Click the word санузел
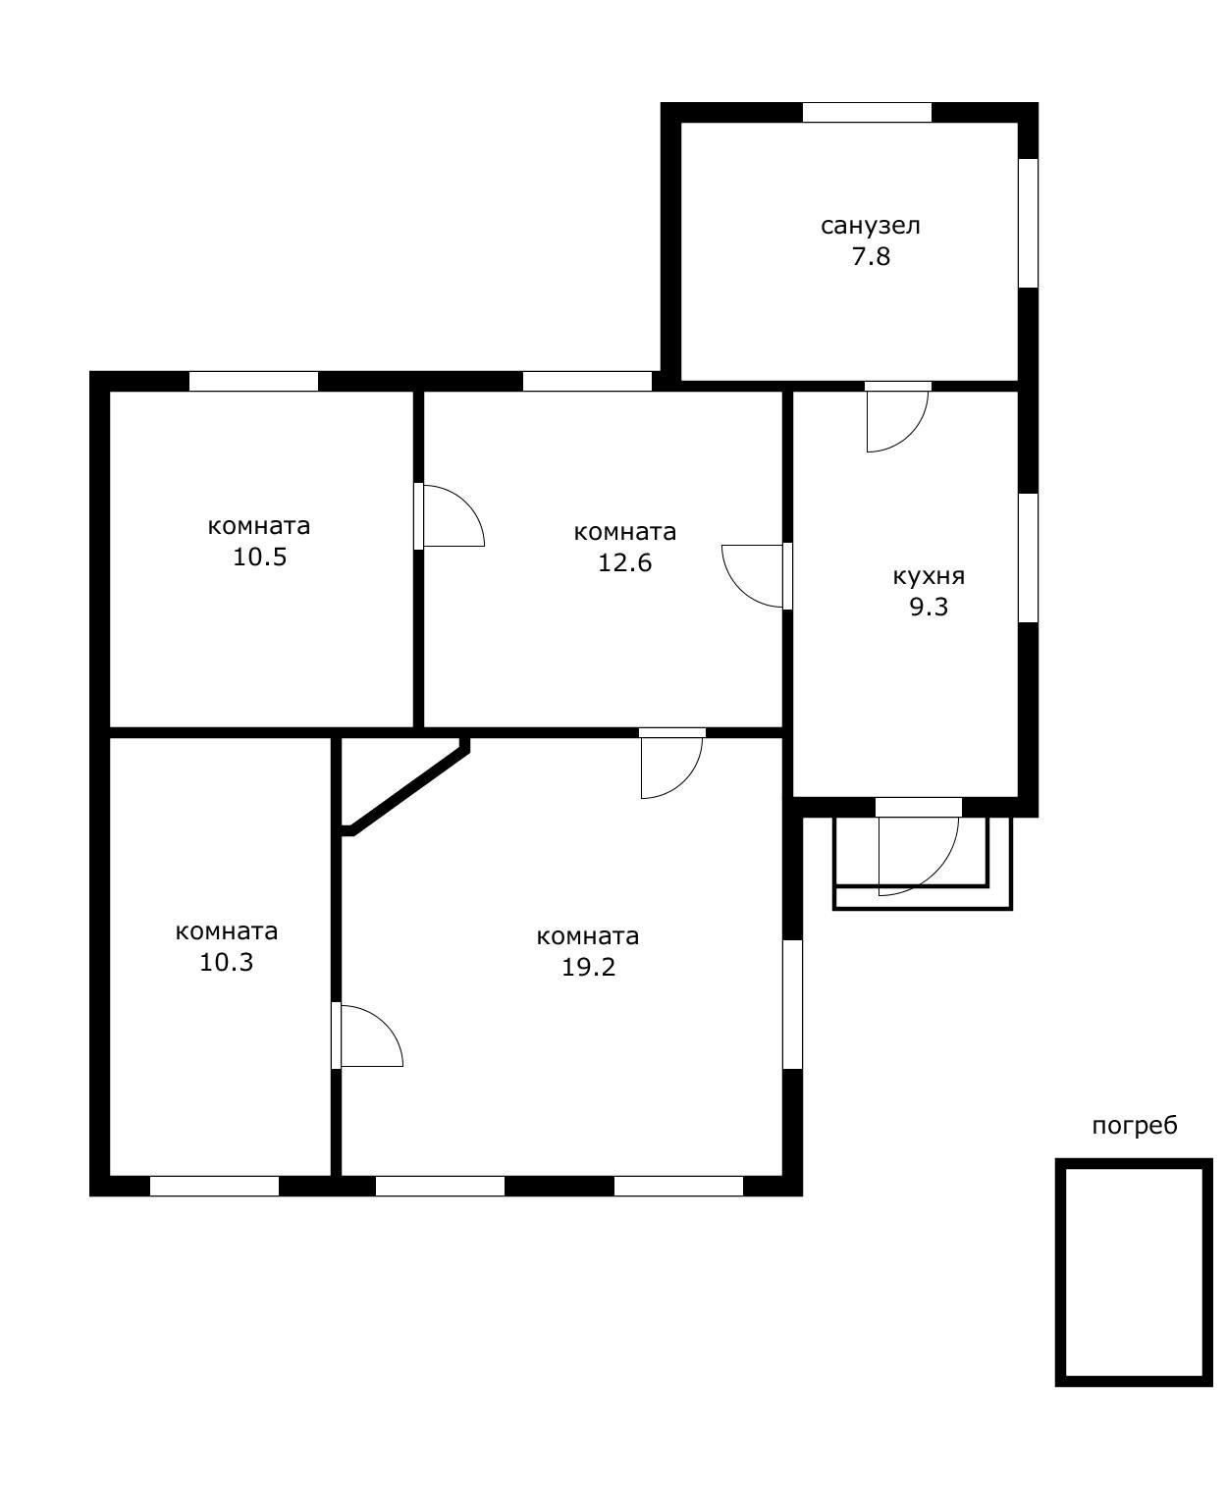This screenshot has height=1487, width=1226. pyautogui.click(x=870, y=227)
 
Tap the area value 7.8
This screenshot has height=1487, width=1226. pyautogui.click(x=871, y=256)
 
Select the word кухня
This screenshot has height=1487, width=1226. pyautogui.click(x=929, y=576)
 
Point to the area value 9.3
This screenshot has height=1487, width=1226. pyautogui.click(x=929, y=607)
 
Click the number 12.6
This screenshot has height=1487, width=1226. pyautogui.click(x=624, y=562)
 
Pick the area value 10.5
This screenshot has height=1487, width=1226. pyautogui.click(x=259, y=557)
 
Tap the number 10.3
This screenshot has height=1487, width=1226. pyautogui.click(x=226, y=963)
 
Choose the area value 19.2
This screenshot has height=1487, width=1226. pyautogui.click(x=588, y=967)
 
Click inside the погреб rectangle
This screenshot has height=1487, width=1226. pyautogui.click(x=1134, y=1273)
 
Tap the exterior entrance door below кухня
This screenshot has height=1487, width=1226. pyautogui.click(x=918, y=847)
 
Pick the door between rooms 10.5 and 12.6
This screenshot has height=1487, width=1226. pyautogui.click(x=449, y=515)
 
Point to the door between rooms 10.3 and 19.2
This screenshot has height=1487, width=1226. pyautogui.click(x=367, y=1036)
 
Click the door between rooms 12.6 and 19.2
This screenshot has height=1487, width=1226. pyautogui.click(x=671, y=763)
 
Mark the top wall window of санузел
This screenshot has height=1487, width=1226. pyautogui.click(x=867, y=113)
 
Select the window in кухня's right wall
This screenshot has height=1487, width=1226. pyautogui.click(x=1028, y=558)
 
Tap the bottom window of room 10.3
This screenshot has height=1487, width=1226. pyautogui.click(x=214, y=1187)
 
